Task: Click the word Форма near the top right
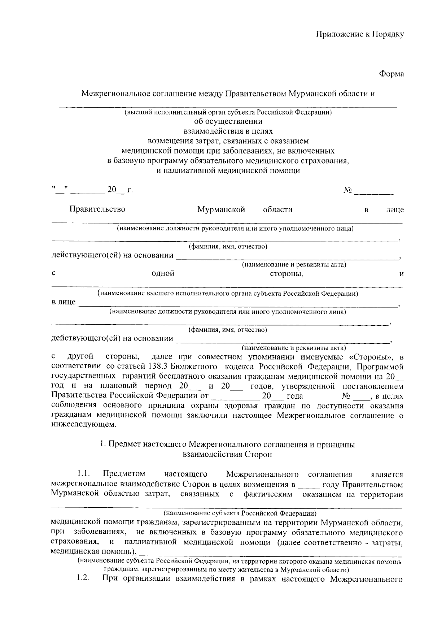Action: [x=391, y=74]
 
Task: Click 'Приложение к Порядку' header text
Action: [x=360, y=34]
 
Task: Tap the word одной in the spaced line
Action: [x=163, y=274]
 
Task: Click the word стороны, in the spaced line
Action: [x=287, y=274]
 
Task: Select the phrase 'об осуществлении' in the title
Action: [x=228, y=121]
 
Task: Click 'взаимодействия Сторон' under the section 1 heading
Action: [x=228, y=454]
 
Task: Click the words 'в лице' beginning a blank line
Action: [x=64, y=302]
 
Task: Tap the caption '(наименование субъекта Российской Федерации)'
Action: [x=240, y=513]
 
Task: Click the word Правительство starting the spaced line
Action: [x=97, y=209]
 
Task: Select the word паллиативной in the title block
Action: [x=190, y=171]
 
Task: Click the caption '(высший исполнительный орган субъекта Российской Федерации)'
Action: [x=228, y=112]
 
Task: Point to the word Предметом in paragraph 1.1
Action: [x=124, y=474]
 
